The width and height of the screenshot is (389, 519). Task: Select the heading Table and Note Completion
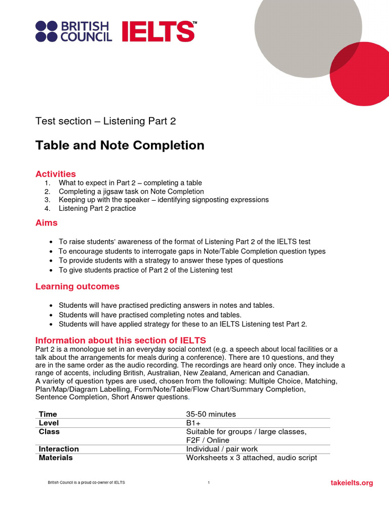coord(120,145)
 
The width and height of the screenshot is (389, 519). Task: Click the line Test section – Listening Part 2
coord(105,121)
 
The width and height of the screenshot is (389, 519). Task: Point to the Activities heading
coord(56,174)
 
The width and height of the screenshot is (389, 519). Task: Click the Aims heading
coord(47,223)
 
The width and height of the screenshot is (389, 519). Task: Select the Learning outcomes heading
coord(77,286)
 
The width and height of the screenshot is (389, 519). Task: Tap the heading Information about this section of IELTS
coord(121,340)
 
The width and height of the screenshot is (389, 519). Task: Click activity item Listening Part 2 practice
coord(97,208)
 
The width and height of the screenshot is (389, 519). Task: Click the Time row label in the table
coord(48,414)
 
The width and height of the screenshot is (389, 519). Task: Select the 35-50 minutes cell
coord(211,414)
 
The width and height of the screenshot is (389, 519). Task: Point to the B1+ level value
coord(193,423)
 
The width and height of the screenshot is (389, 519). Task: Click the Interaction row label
coord(59,449)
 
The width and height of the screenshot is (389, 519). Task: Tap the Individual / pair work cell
coord(222,449)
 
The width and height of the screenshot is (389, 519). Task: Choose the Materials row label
coord(56,457)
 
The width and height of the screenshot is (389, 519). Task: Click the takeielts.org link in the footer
coord(352,483)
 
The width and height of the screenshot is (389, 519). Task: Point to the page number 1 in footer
coord(209,483)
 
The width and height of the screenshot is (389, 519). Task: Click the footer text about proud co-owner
coord(86,483)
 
